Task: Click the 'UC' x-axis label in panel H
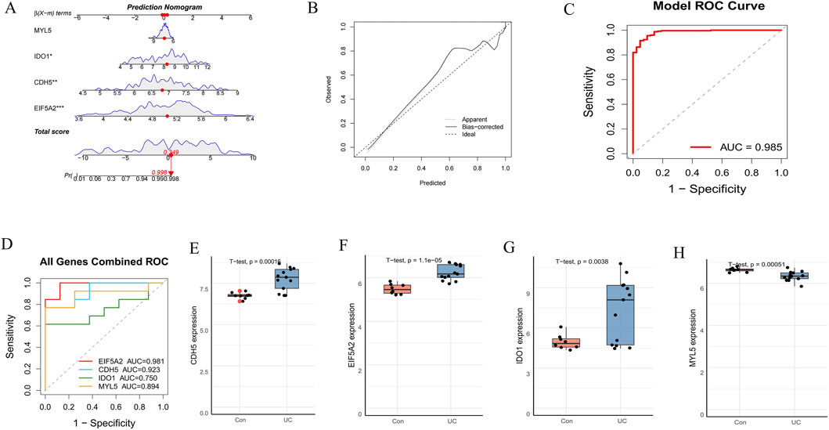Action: point(795,421)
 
